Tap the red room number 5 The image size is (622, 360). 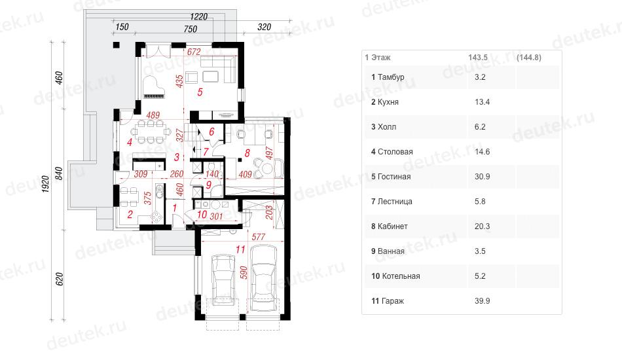[200, 92]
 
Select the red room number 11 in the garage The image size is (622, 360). [240, 249]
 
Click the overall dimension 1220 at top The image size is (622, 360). [199, 16]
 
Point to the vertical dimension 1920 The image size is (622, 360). [46, 184]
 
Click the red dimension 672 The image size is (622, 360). [194, 52]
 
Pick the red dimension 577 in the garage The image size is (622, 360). [258, 237]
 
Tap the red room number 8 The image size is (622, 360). [247, 153]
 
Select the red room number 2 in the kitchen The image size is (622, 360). [130, 215]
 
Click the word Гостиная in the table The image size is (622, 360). [394, 177]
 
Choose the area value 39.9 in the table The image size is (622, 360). [482, 301]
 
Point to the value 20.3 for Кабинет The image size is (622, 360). [482, 226]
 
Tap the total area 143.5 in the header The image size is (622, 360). [478, 58]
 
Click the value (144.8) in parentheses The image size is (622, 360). [529, 58]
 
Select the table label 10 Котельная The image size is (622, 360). [395, 276]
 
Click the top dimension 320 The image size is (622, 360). [265, 27]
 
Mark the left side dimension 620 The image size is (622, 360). [60, 279]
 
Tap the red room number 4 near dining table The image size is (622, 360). [130, 141]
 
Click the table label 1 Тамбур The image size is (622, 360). [388, 77]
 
